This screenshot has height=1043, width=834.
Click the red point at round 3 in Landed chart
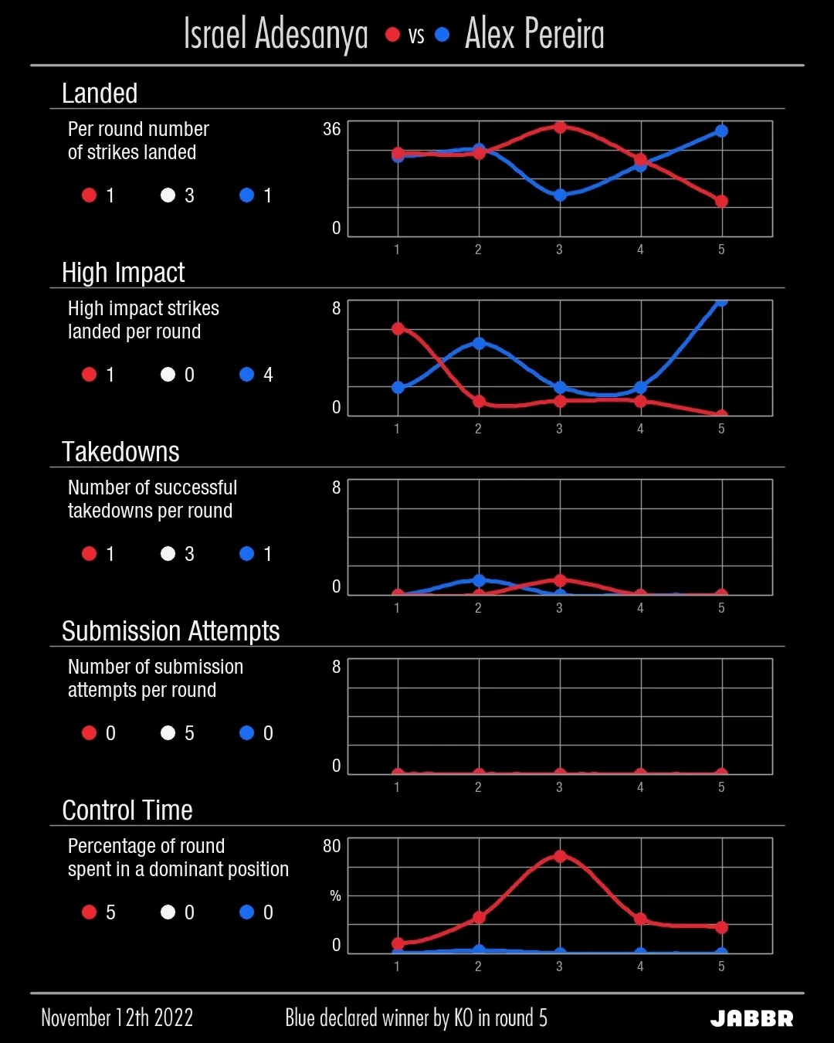pyautogui.click(x=560, y=127)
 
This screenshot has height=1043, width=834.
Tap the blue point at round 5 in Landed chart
pyautogui.click(x=721, y=131)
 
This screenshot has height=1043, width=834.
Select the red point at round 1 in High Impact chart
pyautogui.click(x=398, y=329)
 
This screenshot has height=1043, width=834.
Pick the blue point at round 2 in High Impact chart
pyautogui.click(x=479, y=343)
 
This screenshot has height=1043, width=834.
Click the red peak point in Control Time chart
pyautogui.click(x=560, y=856)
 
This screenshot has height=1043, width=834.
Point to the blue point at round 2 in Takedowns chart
pyautogui.click(x=479, y=580)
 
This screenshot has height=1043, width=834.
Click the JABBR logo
pyautogui.click(x=751, y=1018)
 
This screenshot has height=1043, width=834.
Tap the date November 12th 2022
pyautogui.click(x=117, y=1018)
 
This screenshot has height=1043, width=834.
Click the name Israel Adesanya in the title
pyautogui.click(x=276, y=35)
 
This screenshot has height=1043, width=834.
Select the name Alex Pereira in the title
pyautogui.click(x=534, y=35)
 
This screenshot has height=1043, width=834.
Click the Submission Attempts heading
pyautogui.click(x=171, y=631)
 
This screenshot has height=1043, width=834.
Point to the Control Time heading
pyautogui.click(x=127, y=810)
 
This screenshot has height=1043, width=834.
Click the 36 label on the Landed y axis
pyautogui.click(x=331, y=129)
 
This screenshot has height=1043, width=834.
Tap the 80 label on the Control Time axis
pyautogui.click(x=331, y=846)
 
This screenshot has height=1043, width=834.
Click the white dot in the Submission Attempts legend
pyautogui.click(x=168, y=732)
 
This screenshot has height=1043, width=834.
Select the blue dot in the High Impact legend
pyautogui.click(x=246, y=375)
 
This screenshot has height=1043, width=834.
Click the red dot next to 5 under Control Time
pyautogui.click(x=89, y=912)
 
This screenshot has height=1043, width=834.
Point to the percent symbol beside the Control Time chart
pyautogui.click(x=335, y=895)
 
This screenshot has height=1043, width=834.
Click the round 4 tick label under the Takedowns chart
pyautogui.click(x=640, y=608)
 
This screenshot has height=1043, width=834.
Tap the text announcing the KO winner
pyautogui.click(x=416, y=1018)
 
